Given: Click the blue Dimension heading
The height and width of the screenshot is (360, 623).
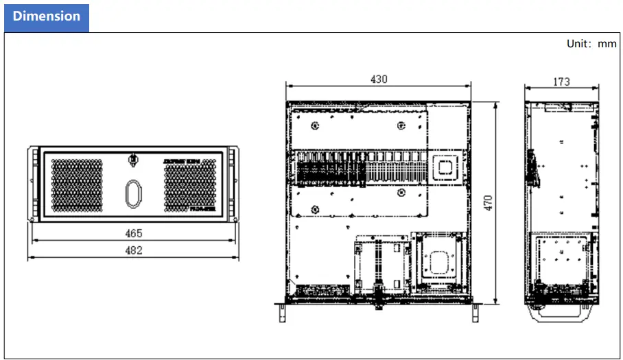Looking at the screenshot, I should (46, 16).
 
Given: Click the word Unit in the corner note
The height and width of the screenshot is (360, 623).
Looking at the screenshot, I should (577, 44).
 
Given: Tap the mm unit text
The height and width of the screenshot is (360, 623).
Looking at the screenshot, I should (607, 44).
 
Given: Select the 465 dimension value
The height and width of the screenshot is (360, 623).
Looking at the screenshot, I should (134, 233).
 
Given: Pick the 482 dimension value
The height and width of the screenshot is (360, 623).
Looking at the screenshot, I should (134, 250).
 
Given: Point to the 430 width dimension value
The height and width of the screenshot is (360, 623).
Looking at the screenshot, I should (379, 79).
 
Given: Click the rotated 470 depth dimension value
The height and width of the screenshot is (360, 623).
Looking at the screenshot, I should (489, 203).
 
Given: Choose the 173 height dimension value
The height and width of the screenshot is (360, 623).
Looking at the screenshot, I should (561, 82).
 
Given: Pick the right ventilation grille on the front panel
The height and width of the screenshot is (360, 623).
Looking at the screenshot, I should (190, 185).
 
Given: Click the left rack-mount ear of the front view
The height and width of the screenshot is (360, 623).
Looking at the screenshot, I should (32, 185).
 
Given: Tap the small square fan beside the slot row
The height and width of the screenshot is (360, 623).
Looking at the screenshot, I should (445, 166).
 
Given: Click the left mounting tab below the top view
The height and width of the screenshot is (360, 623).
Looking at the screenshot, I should (282, 311).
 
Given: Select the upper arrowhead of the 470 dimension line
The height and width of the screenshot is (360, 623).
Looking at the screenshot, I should (496, 104).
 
